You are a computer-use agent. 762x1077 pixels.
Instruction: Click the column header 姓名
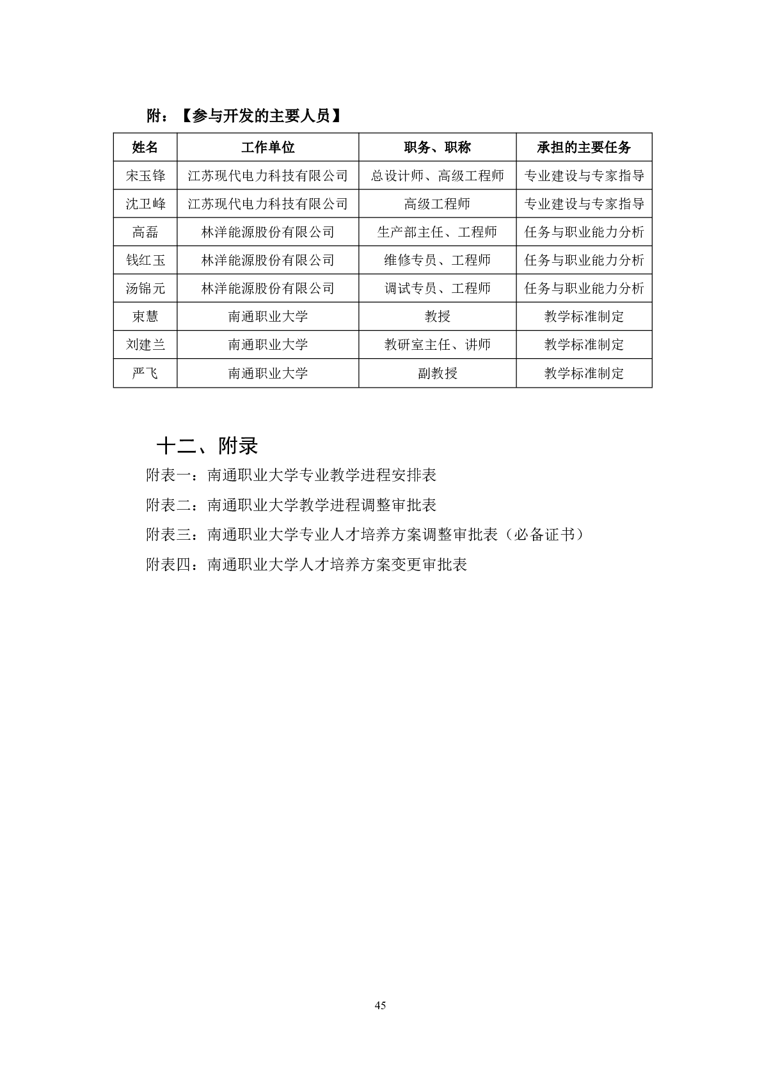(145, 147)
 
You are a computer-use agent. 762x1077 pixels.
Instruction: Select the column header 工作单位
(267, 147)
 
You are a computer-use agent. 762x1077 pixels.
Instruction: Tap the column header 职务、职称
(437, 147)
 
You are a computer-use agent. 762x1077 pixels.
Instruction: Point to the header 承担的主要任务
(583, 147)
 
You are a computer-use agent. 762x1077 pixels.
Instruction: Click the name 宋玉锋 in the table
(145, 175)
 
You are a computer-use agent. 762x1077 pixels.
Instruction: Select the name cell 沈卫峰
(145, 203)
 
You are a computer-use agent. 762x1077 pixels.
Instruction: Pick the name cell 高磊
(145, 232)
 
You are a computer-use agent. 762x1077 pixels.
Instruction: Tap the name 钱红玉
(145, 260)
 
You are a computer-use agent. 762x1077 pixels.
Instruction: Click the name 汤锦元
(145, 288)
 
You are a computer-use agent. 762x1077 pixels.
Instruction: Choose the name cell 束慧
(145, 316)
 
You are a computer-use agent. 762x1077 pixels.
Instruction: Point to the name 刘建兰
(145, 344)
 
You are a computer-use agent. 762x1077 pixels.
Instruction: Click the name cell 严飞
(145, 373)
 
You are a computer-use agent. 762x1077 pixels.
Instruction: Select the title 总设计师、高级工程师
(437, 175)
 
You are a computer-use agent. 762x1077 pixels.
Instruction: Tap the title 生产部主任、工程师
(437, 232)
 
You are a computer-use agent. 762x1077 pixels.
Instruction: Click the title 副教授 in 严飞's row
(437, 373)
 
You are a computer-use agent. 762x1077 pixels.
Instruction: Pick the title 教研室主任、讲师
(437, 344)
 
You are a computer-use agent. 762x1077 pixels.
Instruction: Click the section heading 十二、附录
(207, 446)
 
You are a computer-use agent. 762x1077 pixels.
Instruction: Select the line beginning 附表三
(365, 535)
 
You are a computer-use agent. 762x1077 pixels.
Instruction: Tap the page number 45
(380, 1005)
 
